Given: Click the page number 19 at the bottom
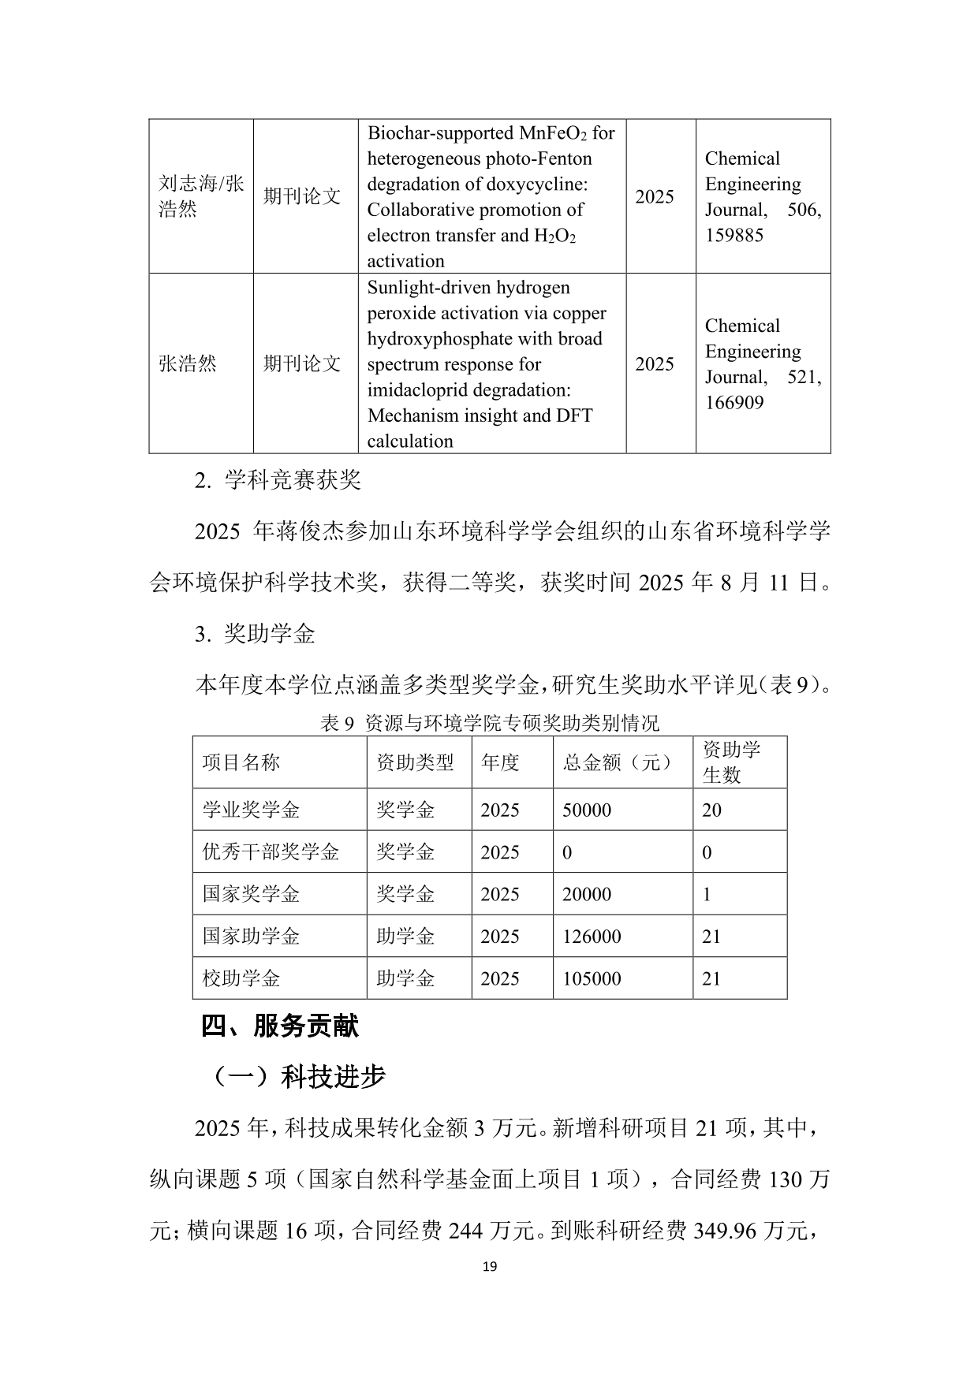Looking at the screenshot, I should click(489, 1267).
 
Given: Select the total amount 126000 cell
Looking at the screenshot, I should click(592, 937).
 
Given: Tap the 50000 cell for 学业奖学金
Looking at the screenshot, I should click(587, 810).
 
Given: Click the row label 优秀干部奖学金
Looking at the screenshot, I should click(271, 852).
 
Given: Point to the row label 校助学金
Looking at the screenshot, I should click(241, 978).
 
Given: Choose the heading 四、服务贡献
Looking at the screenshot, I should click(280, 1026).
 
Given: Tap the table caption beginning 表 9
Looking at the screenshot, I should click(489, 723).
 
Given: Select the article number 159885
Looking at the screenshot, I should click(733, 235).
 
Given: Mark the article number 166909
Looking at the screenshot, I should click(733, 403).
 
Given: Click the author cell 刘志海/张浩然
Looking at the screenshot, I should click(201, 196).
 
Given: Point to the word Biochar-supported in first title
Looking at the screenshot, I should click(440, 132).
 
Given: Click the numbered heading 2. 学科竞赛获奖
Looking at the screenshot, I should click(278, 480).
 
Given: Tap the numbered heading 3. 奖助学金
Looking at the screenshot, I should click(255, 634).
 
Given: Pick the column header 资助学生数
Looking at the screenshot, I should click(731, 762).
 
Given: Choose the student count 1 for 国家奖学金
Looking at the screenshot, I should click(707, 894).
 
